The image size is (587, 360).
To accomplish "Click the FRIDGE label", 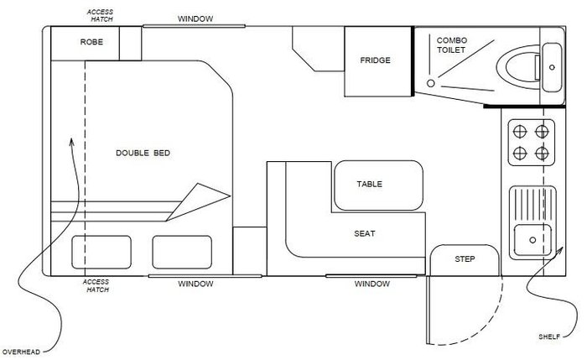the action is [375, 60].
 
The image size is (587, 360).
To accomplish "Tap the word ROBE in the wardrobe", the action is [91, 42].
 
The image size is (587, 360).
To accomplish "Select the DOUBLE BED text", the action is [143, 153].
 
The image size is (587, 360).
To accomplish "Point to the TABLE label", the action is [370, 184].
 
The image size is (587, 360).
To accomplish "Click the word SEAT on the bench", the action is [365, 233].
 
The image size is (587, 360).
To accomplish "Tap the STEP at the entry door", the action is [465, 258].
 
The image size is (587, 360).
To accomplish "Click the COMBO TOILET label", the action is [452, 45].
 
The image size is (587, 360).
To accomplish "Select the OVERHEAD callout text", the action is [21, 352].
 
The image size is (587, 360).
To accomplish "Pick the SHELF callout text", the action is [549, 337].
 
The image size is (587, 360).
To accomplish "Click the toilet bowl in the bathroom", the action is [518, 67].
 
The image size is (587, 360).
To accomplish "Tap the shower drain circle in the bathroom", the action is [431, 83].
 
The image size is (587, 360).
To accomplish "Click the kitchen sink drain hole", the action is [532, 240].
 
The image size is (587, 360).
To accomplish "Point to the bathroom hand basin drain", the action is [552, 67].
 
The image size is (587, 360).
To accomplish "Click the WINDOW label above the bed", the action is [195, 18].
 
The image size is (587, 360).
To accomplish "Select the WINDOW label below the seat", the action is [372, 284].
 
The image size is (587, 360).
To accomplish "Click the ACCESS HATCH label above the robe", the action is [101, 15].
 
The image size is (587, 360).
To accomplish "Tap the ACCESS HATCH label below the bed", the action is [96, 286].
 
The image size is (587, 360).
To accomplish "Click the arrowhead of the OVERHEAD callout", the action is [71, 141].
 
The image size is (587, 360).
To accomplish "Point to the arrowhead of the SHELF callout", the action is [559, 250].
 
